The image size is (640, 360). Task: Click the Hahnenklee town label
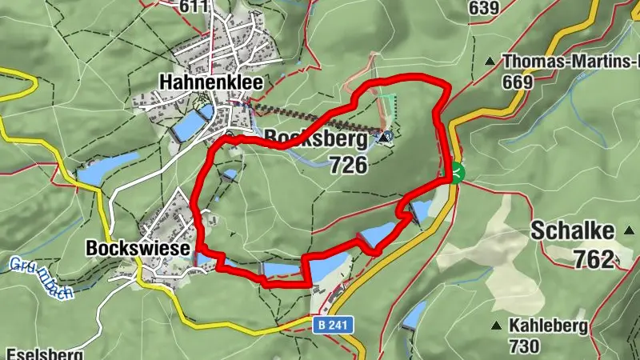pyautogui.click(x=211, y=82)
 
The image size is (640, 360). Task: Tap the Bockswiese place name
pyautogui.click(x=138, y=249)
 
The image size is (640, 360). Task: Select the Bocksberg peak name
pyautogui.click(x=317, y=139)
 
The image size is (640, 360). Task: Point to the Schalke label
pyautogui.click(x=572, y=231)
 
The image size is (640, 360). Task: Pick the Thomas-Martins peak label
pyautogui.click(x=570, y=60)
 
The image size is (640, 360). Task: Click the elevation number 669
pyautogui.click(x=518, y=81)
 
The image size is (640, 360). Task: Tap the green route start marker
pyautogui.click(x=456, y=172)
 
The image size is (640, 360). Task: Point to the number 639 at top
pyautogui.click(x=484, y=8)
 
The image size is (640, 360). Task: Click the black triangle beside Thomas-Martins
pyautogui.click(x=490, y=61)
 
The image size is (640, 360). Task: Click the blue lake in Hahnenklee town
pyautogui.click(x=189, y=126)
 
